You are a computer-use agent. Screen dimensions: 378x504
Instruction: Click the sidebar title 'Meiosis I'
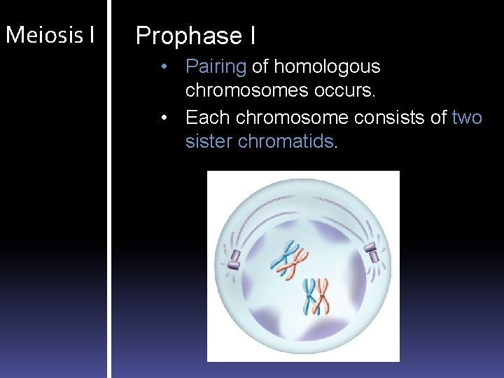pos(50,34)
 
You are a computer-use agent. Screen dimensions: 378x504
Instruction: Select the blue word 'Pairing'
pos(216,67)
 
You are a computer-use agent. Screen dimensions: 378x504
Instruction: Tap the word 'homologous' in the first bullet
pos(327,67)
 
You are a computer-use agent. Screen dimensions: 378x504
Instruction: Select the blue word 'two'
pos(467,117)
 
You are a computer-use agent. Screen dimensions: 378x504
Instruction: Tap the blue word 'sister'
pos(209,141)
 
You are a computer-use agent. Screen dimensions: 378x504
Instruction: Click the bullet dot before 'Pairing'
pos(162,67)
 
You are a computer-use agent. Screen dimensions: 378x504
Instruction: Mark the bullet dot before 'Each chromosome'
pos(162,117)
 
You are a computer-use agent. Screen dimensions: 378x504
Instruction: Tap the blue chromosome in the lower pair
pos(309,296)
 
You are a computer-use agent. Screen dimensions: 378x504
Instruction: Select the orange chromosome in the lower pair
pos(321,296)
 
